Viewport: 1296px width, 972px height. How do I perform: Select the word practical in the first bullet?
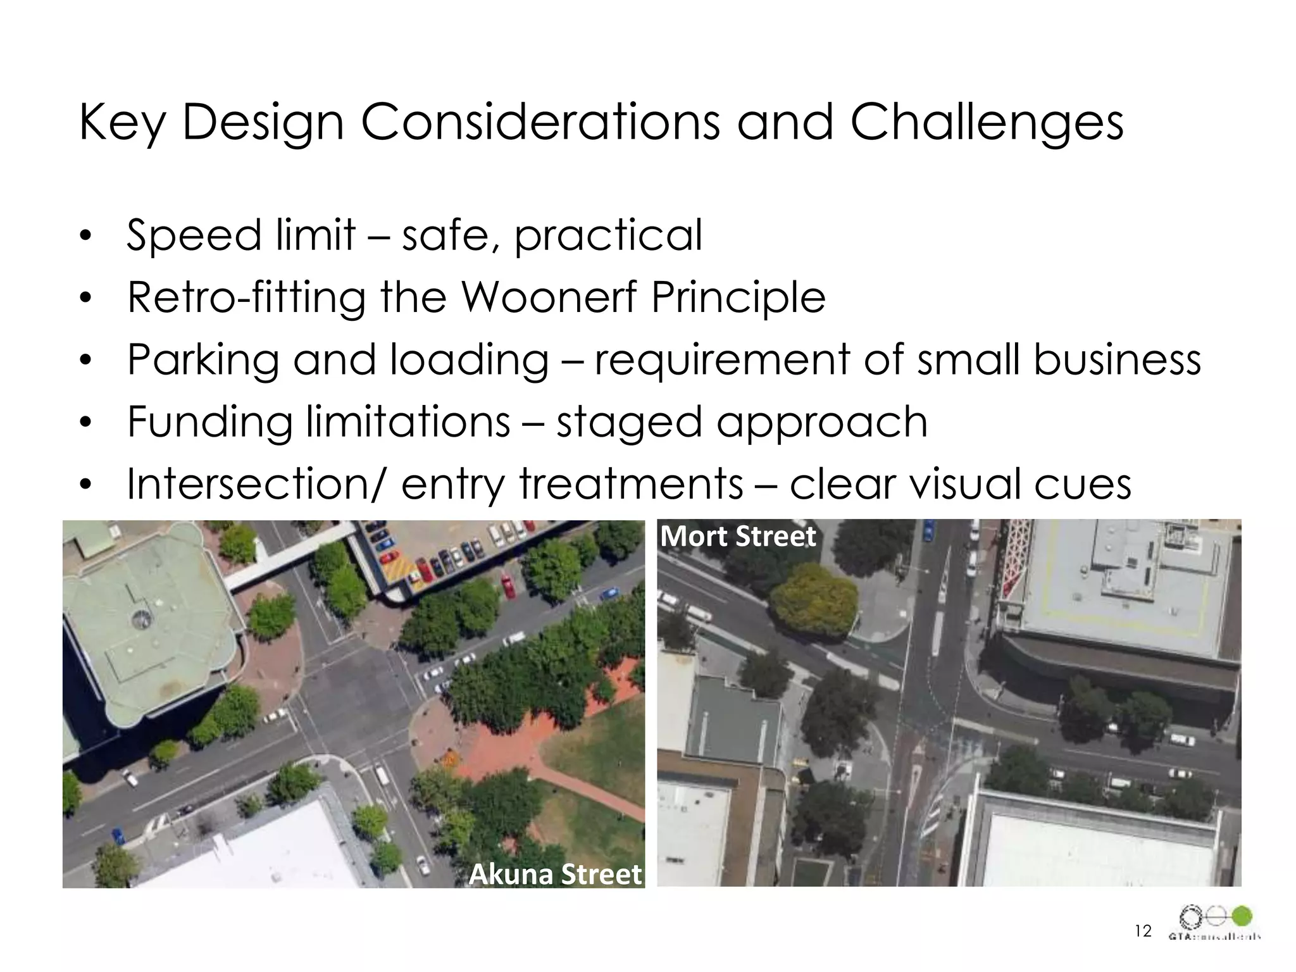tap(607, 235)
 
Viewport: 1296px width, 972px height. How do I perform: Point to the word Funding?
tap(209, 423)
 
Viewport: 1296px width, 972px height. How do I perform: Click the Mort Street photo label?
tap(738, 537)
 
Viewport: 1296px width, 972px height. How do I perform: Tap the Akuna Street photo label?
tap(555, 874)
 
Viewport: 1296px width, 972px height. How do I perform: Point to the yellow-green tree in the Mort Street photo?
tap(814, 600)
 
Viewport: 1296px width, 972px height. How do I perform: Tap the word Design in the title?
tap(263, 123)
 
